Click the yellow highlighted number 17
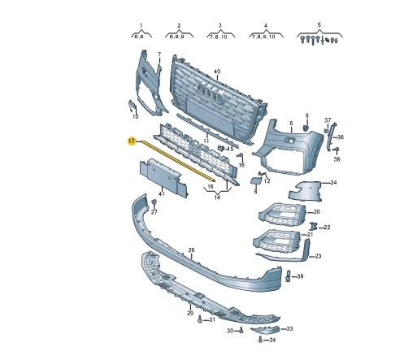pos(132,141)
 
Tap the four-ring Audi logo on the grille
pos(211,93)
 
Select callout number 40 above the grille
pos(217,72)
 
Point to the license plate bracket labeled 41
pos(163,176)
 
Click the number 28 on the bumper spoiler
pos(191,250)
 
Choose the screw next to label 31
pos(200,319)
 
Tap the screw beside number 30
pos(241,330)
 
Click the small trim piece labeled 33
pos(264,330)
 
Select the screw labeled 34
pos(260,339)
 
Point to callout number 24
pos(333,183)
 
